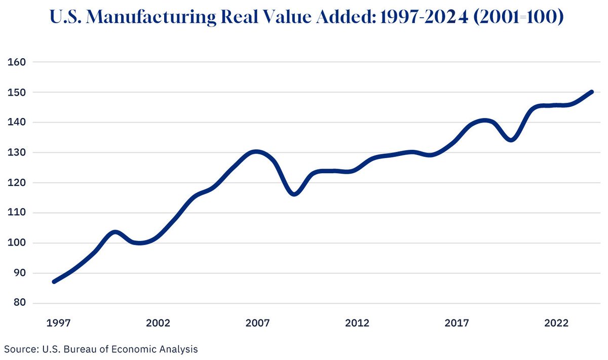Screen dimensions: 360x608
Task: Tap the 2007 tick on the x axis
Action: click(x=256, y=323)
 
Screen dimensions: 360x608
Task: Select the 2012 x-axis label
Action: click(x=357, y=323)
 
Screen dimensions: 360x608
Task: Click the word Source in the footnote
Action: click(x=17, y=349)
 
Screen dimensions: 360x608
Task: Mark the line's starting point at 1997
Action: click(x=54, y=282)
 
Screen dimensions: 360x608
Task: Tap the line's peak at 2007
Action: click(x=256, y=152)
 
